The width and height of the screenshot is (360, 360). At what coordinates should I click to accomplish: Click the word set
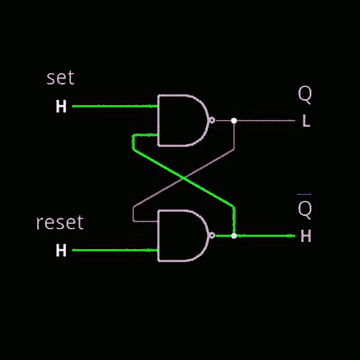[x=60, y=78]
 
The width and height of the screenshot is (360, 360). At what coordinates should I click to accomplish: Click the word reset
[x=59, y=223]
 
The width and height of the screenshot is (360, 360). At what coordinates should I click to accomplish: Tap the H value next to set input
[x=61, y=107]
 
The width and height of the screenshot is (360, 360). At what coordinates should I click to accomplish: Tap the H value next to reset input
[x=61, y=250]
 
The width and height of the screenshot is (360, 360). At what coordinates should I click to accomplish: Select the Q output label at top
[x=305, y=94]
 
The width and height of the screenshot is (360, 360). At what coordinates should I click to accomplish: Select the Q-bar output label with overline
[x=305, y=209]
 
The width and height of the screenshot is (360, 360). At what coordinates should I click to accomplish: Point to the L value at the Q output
[x=306, y=121]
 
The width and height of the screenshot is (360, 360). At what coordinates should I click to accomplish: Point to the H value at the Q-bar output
[x=305, y=236]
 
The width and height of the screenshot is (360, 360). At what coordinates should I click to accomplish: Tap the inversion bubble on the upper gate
[x=211, y=120]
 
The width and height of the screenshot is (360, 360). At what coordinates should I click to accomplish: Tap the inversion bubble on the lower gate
[x=211, y=235]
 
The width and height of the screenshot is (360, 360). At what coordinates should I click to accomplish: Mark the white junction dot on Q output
[x=234, y=121]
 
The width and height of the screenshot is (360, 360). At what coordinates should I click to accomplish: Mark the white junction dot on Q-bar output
[x=234, y=236]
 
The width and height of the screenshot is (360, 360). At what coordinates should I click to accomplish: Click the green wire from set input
[x=114, y=107]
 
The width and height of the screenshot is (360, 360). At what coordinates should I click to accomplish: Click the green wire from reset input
[x=114, y=250]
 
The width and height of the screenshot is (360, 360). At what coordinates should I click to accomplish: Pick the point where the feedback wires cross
[x=183, y=178]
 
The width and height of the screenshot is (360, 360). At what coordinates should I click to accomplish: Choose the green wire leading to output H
[x=264, y=236]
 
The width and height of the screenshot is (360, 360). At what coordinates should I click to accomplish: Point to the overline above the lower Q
[x=305, y=194]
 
